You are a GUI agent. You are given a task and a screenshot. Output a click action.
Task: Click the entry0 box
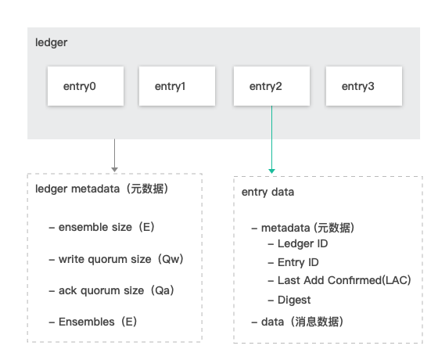(x=85, y=86)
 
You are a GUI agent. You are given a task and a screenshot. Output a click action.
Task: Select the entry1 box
(x=177, y=86)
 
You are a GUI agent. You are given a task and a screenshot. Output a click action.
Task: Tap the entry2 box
(x=272, y=86)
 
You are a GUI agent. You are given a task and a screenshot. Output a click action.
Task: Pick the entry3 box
(x=364, y=86)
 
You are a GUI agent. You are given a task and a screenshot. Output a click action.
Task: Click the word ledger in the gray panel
(x=51, y=43)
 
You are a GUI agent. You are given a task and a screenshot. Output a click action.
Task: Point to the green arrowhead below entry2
(x=272, y=171)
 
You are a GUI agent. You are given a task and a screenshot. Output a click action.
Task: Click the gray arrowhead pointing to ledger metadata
(x=114, y=170)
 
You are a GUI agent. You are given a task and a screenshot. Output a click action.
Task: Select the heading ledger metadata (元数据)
(x=102, y=189)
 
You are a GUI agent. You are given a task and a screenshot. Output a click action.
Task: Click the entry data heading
(x=267, y=193)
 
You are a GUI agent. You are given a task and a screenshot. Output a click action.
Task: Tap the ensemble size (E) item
(x=102, y=227)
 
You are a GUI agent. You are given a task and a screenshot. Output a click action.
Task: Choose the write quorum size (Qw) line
(x=116, y=259)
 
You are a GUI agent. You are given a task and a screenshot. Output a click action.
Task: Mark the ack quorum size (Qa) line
(x=111, y=290)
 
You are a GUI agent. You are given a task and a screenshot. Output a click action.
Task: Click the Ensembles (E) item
(x=93, y=322)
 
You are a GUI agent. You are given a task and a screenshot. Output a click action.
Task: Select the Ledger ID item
(x=298, y=244)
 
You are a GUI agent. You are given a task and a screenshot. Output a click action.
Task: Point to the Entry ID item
(x=293, y=262)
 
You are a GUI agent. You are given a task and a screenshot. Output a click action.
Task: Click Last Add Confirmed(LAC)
(x=339, y=280)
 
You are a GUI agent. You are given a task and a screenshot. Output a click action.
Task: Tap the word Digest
(x=294, y=301)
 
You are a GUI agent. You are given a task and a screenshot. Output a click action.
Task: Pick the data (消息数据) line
(x=297, y=322)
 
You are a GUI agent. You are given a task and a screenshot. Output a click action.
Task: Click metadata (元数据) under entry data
(x=303, y=228)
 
